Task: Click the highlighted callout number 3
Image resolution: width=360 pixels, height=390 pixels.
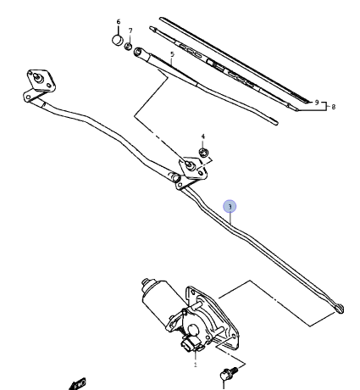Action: [x=230, y=207]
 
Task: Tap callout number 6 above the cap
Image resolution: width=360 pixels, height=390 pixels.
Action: [x=119, y=22]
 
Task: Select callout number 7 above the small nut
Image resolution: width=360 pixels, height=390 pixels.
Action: [x=130, y=31]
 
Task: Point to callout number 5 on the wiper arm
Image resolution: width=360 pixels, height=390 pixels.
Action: [x=172, y=54]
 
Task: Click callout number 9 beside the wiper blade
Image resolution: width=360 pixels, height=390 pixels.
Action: [x=317, y=103]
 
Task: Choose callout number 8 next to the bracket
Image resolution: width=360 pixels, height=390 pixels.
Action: [x=334, y=107]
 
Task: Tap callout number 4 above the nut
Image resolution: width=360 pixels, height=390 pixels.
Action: [x=203, y=136]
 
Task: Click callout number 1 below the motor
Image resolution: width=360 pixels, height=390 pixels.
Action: [x=195, y=365]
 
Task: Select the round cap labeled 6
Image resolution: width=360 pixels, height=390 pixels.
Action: [x=118, y=40]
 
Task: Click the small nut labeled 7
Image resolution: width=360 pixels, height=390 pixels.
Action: [x=128, y=46]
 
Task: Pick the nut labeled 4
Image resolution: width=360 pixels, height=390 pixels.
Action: [x=203, y=153]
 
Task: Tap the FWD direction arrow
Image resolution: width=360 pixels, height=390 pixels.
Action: [x=77, y=384]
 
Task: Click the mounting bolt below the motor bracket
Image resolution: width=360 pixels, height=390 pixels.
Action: [x=229, y=373]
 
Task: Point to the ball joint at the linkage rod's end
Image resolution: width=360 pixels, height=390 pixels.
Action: [x=339, y=308]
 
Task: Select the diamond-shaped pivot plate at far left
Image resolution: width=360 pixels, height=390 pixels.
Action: [x=42, y=81]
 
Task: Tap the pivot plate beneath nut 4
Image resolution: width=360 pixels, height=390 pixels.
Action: [x=193, y=169]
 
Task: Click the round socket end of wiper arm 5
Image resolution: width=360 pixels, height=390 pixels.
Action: [x=138, y=52]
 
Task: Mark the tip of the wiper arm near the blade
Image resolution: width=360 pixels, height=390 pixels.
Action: [x=276, y=122]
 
